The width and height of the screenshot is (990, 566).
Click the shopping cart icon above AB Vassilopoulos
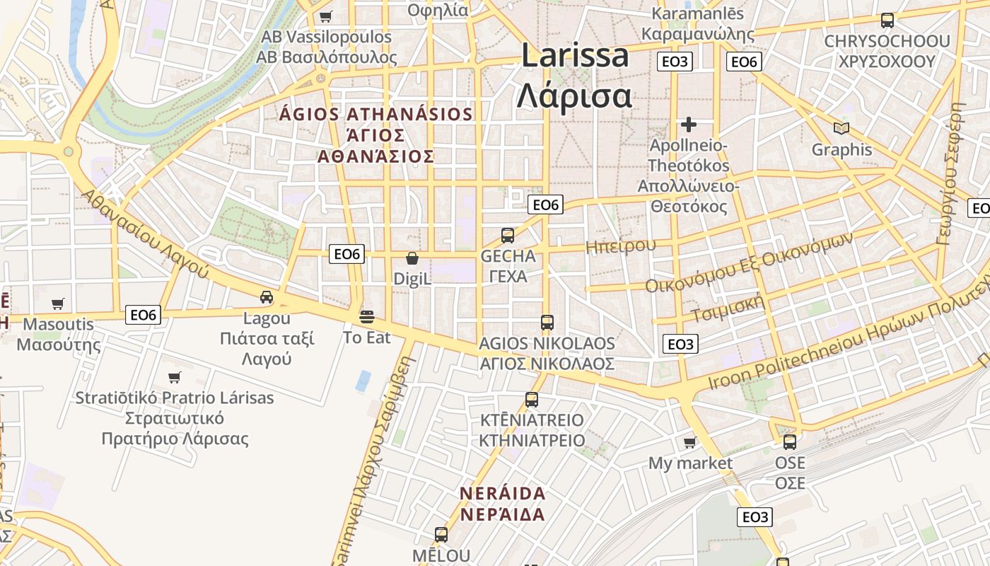[325, 16]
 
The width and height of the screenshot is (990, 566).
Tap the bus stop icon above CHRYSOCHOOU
[887, 21]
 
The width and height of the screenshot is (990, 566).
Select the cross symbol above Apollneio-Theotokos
[688, 125]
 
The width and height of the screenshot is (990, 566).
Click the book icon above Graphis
[841, 128]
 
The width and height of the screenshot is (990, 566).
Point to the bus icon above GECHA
[507, 236]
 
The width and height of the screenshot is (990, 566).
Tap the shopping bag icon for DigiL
[412, 259]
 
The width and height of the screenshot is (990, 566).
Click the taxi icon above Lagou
[266, 297]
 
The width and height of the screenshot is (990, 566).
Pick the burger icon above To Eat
[366, 316]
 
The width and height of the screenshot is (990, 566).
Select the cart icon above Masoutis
[58, 304]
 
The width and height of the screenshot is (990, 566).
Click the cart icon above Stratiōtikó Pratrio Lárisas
[174, 377]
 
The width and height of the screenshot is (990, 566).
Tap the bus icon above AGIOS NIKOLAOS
[547, 323]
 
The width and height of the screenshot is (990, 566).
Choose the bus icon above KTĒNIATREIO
[531, 400]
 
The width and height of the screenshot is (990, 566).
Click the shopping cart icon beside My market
[689, 443]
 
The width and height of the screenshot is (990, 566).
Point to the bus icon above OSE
[789, 442]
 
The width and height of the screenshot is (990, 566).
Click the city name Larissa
[574, 55]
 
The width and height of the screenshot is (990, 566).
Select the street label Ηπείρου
[620, 246]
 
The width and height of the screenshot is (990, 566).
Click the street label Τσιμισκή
[728, 308]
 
